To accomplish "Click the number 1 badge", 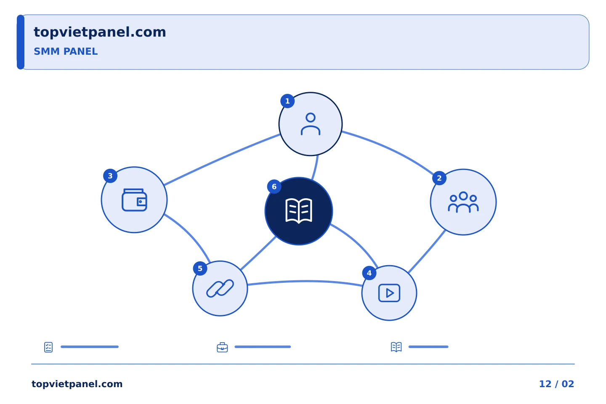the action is (x=287, y=101).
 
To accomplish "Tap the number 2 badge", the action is (x=439, y=178).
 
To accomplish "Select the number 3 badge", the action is (x=110, y=176).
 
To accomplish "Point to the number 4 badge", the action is (x=369, y=273).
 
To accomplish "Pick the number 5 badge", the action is (x=200, y=268).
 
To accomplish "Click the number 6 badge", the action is (x=274, y=187).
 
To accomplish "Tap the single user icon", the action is (x=311, y=124).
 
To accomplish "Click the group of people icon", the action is (x=463, y=202).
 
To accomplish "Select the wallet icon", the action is (x=134, y=200).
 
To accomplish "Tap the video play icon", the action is (x=389, y=293).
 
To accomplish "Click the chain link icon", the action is (x=220, y=288).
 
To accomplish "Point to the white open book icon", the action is (x=299, y=211).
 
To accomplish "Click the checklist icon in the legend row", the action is (x=48, y=347).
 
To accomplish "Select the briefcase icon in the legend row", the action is (x=222, y=347).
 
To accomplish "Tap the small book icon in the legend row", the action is (x=396, y=347).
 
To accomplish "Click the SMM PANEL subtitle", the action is (x=66, y=51).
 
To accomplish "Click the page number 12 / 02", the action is (x=556, y=384).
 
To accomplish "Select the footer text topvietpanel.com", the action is (x=77, y=384).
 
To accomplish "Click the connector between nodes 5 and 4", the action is (x=305, y=282).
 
